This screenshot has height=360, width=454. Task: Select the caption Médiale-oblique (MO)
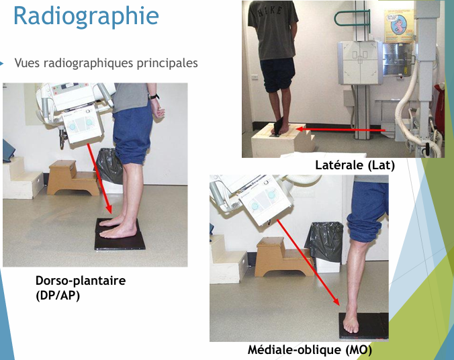point(310,350)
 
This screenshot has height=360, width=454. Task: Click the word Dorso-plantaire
point(80,281)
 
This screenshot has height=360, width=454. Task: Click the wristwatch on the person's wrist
point(154,97)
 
